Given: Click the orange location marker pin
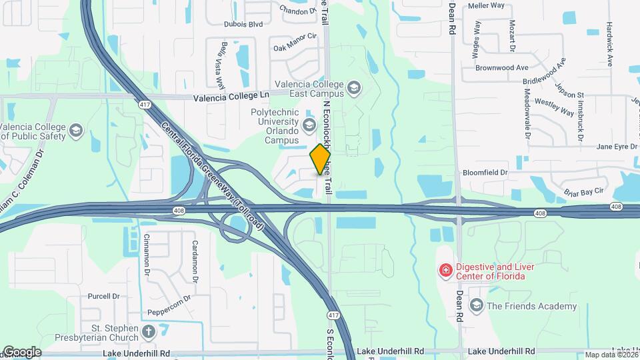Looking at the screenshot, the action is (320, 159).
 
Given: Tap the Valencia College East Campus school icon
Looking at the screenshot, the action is (353, 87).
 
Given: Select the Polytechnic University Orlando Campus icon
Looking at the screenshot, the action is (309, 125).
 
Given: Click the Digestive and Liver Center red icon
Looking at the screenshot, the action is (445, 271).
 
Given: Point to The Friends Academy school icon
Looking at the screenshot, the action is (476, 306).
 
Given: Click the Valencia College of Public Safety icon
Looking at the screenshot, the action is (75, 131).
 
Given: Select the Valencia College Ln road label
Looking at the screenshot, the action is (231, 97).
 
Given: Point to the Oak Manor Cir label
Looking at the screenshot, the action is (294, 47).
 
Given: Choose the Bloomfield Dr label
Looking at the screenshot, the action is (485, 173).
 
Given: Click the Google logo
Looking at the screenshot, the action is (22, 351).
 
